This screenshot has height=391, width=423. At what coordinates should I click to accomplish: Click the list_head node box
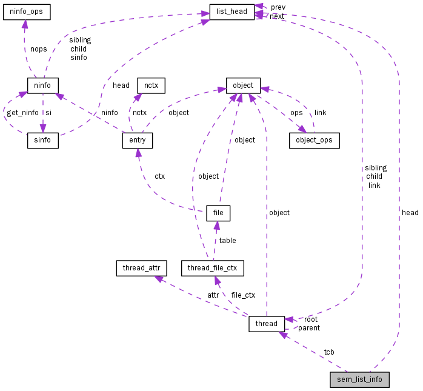pos(231,12)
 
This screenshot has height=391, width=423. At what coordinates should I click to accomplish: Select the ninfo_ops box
pos(25,12)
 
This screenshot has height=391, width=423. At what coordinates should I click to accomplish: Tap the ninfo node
pos(42,85)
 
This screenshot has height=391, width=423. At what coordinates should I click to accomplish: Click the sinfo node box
pos(42,141)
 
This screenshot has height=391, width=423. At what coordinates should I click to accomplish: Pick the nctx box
pos(151,85)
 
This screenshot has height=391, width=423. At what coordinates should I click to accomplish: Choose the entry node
pos(137,141)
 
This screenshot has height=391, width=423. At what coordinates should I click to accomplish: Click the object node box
pos(243,85)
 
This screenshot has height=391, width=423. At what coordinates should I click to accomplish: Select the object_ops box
pos(314,141)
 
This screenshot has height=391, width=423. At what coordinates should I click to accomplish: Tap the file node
pos(218,213)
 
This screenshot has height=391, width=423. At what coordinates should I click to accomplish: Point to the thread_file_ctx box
pos(212,268)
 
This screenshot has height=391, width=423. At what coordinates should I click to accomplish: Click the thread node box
pos(267,324)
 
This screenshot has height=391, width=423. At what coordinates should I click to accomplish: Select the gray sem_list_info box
pos(359,380)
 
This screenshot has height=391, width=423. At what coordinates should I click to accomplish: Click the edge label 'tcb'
pos(328,352)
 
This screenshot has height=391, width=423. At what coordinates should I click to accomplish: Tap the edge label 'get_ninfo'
pos(22,113)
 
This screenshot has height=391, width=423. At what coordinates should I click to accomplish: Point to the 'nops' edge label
pos(38,49)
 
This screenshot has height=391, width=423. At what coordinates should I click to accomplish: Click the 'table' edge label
pos(227,241)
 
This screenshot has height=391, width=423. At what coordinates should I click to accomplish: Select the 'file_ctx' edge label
pos(243,295)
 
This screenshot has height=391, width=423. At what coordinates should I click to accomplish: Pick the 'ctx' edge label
pos(159,176)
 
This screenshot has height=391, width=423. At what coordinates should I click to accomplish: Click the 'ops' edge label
pos(296,113)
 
